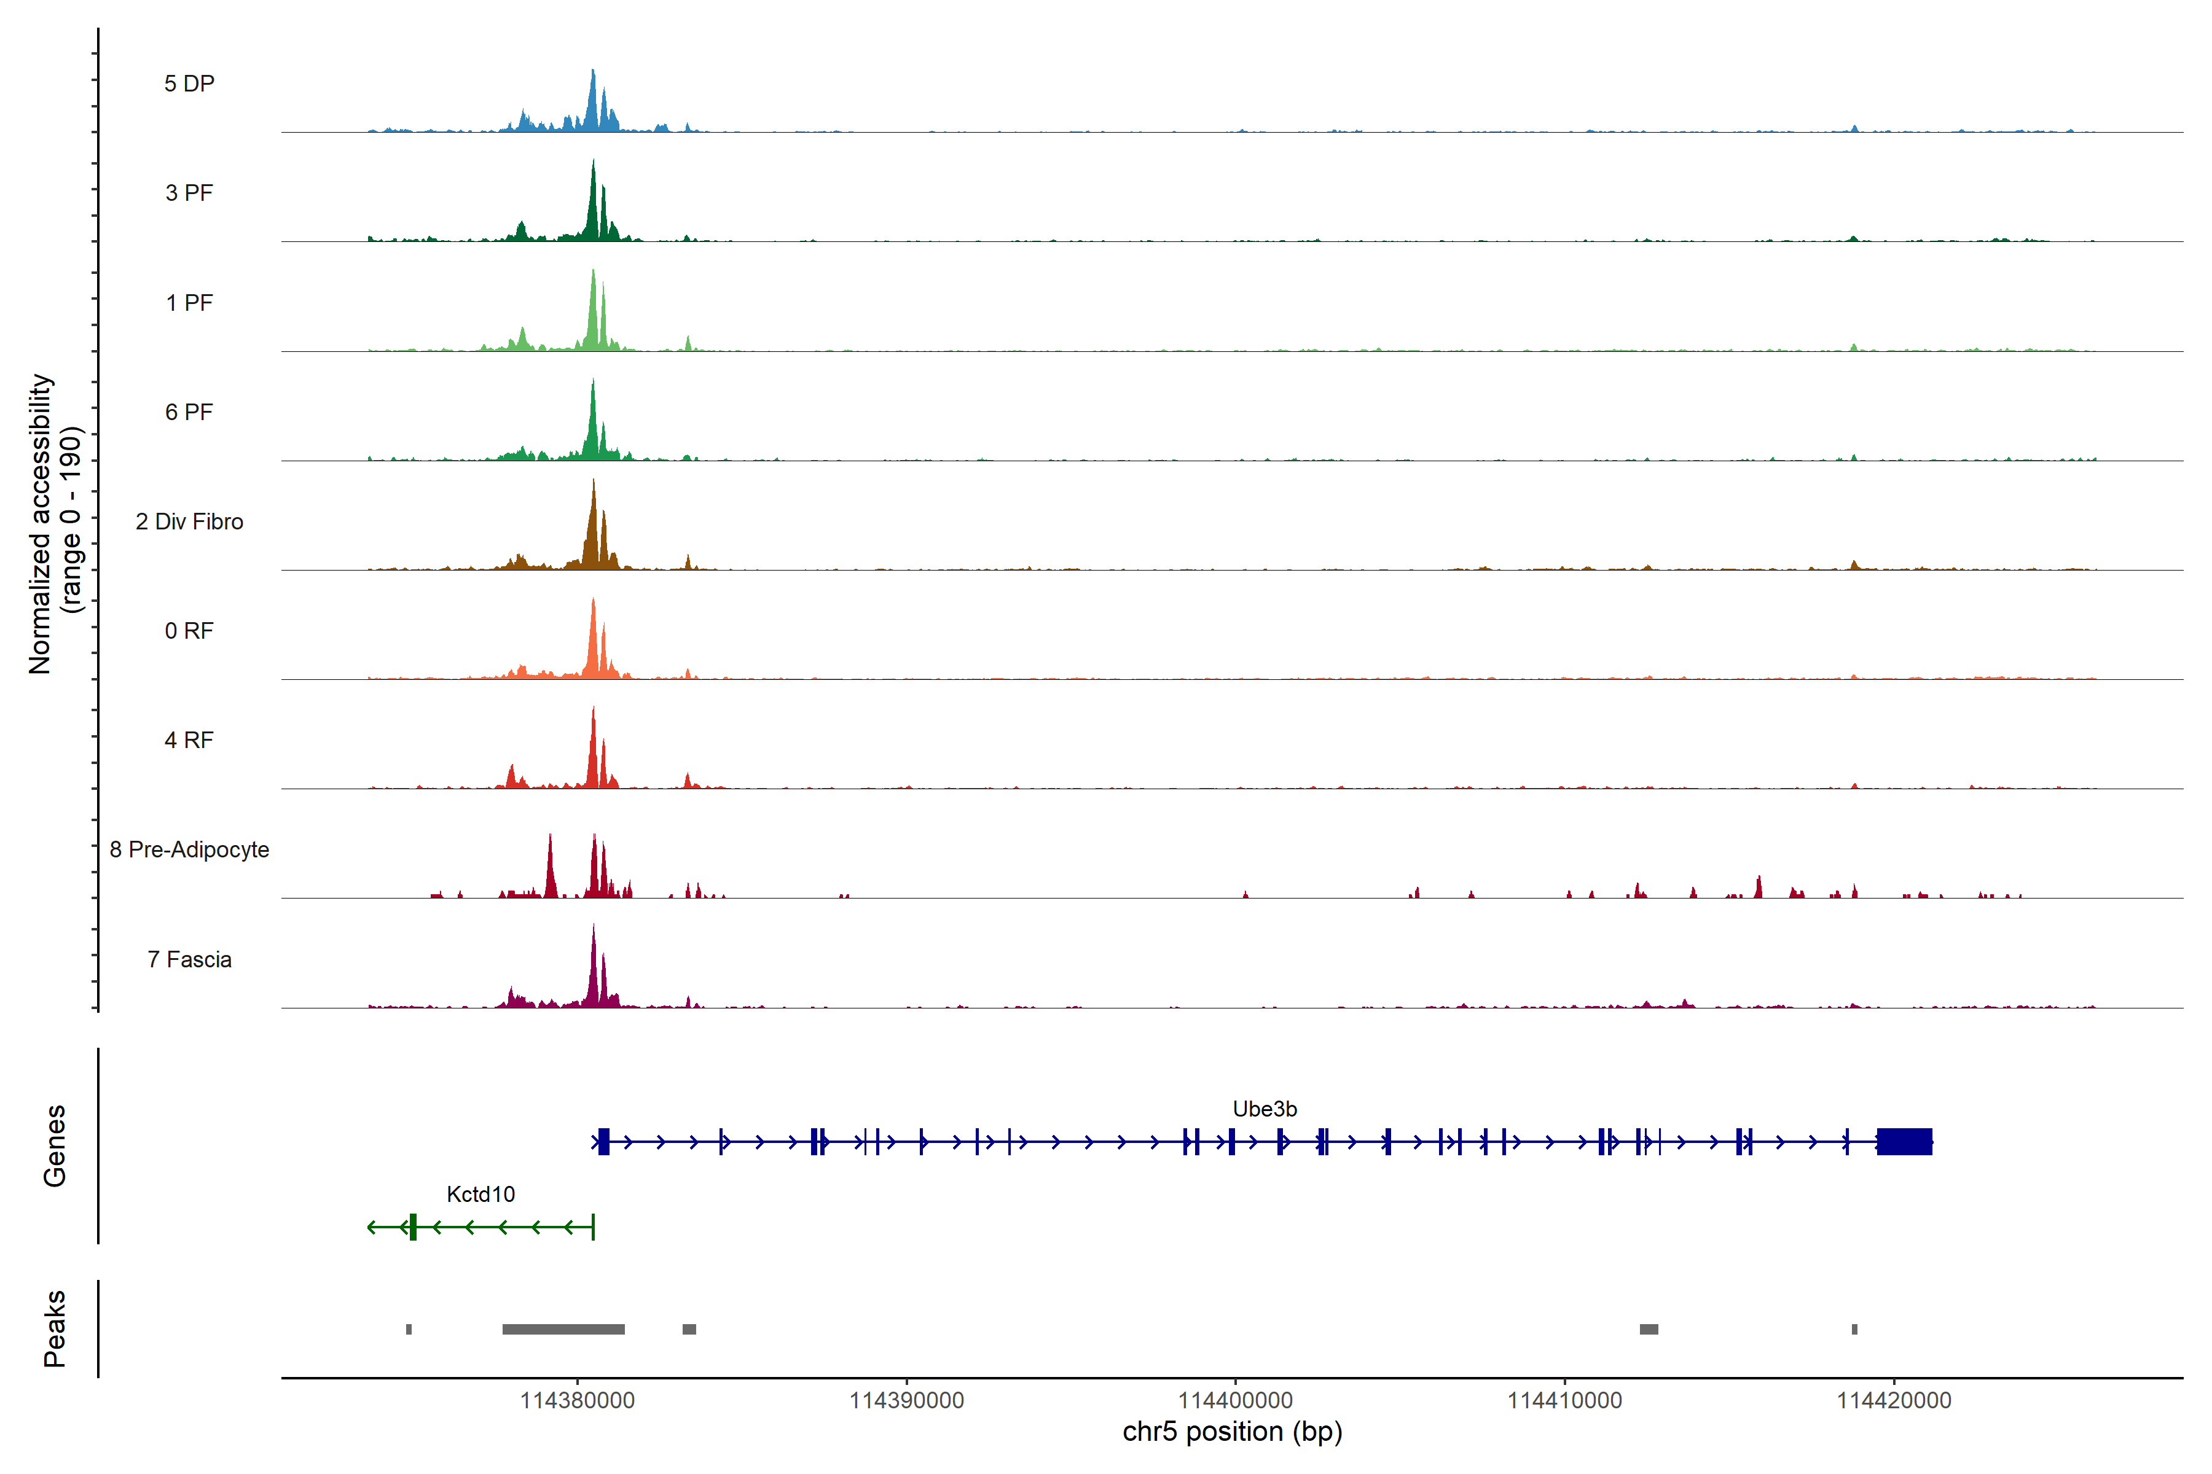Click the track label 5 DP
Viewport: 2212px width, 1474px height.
click(189, 84)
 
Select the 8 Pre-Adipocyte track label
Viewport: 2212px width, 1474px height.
click(189, 850)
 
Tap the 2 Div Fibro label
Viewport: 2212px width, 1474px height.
click(189, 521)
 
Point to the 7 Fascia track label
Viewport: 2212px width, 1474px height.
click(189, 960)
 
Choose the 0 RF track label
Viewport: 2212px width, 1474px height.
click(189, 631)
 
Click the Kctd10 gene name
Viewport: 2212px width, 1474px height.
click(480, 1195)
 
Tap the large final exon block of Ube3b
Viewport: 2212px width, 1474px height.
click(1904, 1141)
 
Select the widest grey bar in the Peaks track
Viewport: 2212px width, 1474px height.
click(563, 1329)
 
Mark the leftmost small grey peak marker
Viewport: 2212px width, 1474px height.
click(409, 1329)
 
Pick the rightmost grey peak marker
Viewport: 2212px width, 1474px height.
click(1854, 1329)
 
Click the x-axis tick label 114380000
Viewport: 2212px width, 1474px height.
click(578, 1401)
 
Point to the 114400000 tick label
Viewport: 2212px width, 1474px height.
click(1236, 1401)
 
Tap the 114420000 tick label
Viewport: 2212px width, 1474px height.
click(1894, 1401)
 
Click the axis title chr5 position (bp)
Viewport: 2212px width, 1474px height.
click(1232, 1432)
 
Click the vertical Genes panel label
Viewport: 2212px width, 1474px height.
click(55, 1146)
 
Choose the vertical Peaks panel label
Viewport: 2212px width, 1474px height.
click(55, 1328)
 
